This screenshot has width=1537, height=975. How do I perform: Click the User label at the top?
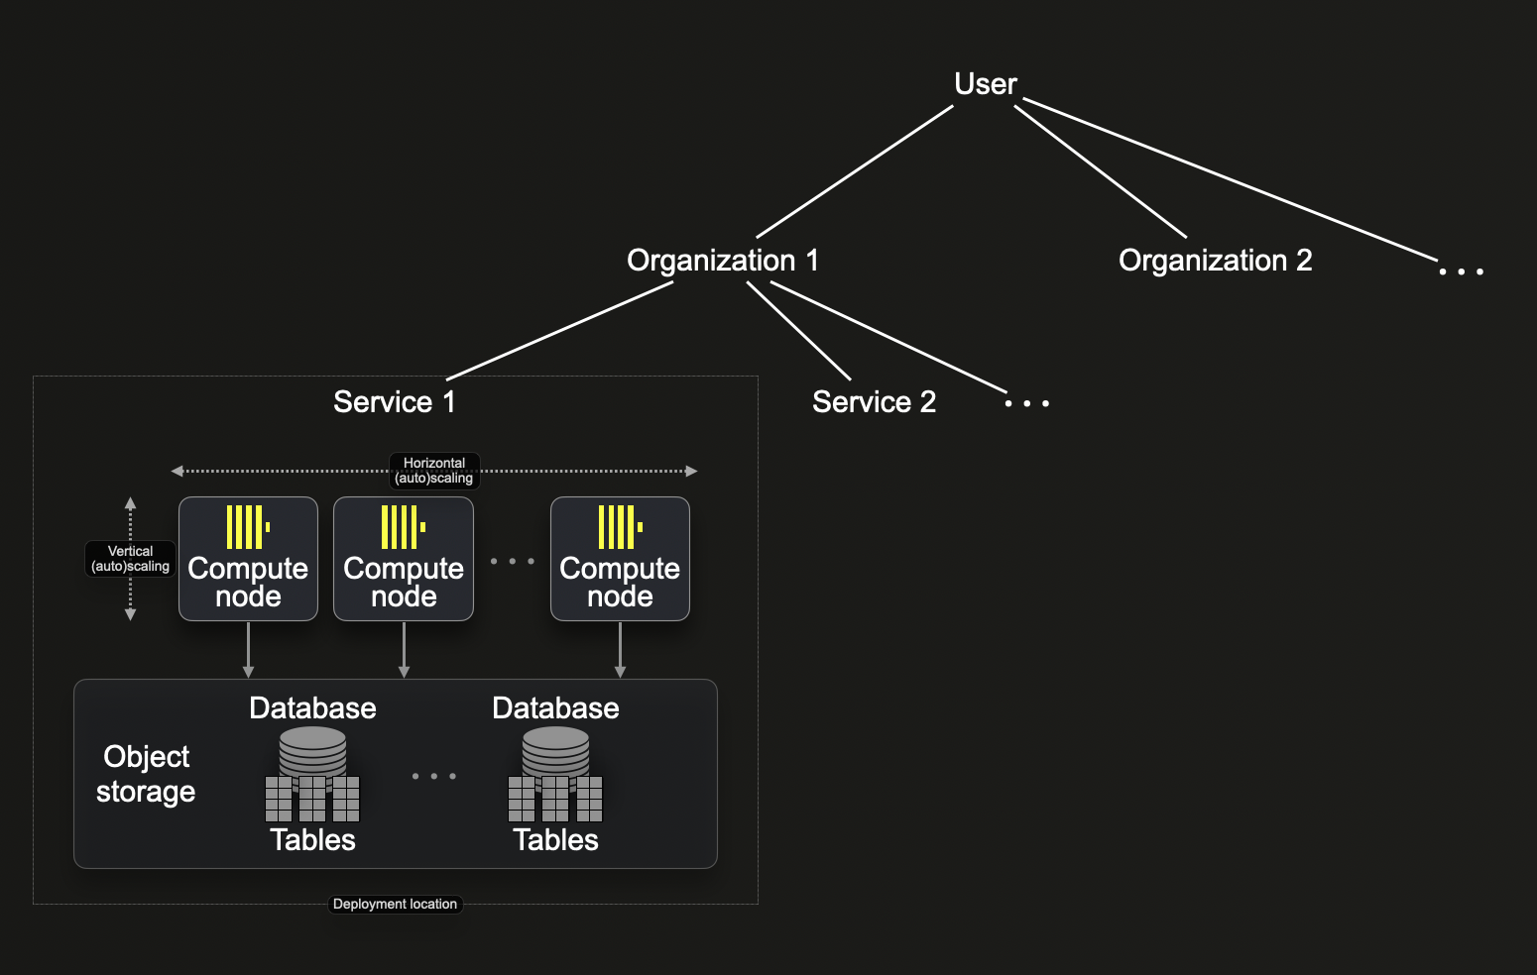tap(985, 84)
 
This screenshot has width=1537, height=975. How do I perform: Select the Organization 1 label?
tap(723, 261)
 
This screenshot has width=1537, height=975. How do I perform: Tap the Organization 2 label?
tap(1215, 261)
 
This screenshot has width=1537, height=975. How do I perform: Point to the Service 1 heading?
tap(394, 402)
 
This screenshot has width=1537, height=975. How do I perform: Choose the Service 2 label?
tap(874, 402)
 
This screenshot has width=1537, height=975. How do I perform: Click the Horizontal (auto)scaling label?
tap(434, 471)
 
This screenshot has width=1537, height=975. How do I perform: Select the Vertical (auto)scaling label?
tap(130, 559)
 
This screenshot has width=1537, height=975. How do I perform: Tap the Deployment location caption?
tap(395, 904)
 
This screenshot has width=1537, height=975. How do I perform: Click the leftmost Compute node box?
tap(248, 560)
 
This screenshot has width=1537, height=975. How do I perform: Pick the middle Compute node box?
tap(404, 560)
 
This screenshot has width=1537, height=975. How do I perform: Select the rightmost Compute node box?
tap(620, 560)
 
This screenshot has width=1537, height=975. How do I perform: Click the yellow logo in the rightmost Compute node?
tap(620, 526)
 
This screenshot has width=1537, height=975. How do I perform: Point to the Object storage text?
tap(146, 774)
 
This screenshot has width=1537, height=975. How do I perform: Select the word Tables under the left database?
tap(312, 840)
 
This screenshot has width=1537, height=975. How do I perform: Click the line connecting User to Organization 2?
tap(1100, 171)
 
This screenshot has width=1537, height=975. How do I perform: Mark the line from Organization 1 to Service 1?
tap(560, 331)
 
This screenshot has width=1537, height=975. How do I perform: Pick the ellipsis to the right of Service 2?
tap(1026, 403)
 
